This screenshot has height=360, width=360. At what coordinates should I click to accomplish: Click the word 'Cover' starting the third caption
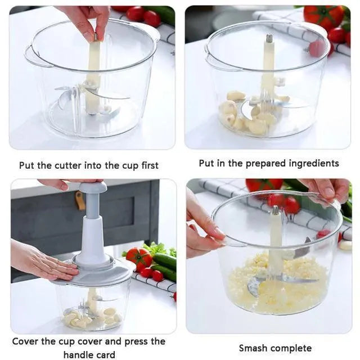[x=25, y=341]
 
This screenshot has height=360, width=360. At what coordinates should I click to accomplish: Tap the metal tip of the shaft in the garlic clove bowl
[x=269, y=39]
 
